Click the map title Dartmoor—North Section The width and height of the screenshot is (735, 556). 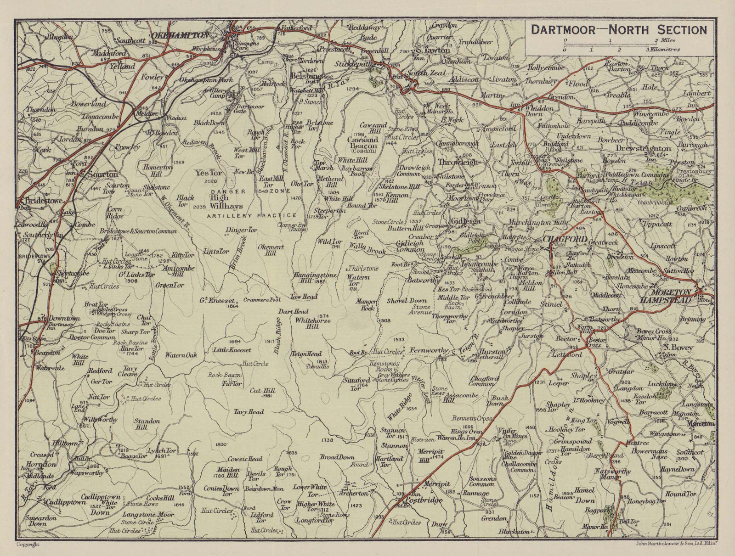(619, 30)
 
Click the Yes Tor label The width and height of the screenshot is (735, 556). (208, 173)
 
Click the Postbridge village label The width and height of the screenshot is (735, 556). (423, 500)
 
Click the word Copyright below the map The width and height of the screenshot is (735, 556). (28, 544)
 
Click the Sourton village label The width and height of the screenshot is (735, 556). (100, 174)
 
